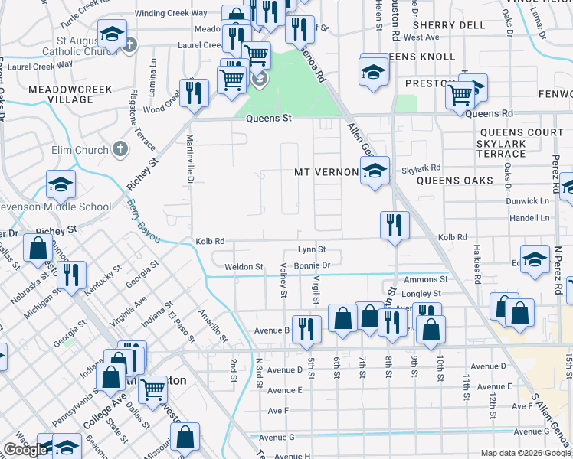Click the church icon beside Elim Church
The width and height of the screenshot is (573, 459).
tap(120, 149)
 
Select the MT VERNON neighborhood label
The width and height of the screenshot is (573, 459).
tap(326, 173)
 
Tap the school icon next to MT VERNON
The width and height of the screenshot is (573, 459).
tap(375, 171)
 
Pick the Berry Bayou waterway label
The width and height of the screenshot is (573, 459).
tap(144, 222)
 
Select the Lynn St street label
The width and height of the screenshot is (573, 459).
tap(312, 249)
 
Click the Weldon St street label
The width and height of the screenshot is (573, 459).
tap(244, 267)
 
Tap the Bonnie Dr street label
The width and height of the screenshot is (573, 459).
tap(312, 265)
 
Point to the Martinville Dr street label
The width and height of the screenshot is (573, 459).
tap(190, 159)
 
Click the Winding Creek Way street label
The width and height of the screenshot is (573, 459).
tap(171, 13)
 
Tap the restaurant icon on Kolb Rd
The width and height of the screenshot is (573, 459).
tap(394, 225)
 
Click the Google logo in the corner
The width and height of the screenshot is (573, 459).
tap(25, 450)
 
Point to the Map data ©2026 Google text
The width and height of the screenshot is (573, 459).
tap(526, 453)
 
